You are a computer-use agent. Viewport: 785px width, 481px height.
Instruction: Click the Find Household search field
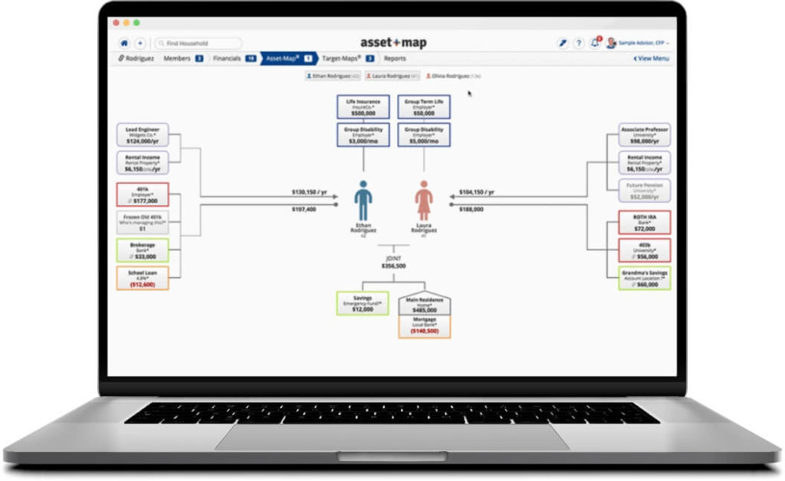198,44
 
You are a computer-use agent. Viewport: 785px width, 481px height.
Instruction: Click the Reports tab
395,58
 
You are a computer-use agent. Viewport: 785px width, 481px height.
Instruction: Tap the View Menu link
651,58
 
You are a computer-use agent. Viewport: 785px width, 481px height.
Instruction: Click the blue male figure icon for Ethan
363,201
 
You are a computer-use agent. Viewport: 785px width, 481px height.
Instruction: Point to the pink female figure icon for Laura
424,201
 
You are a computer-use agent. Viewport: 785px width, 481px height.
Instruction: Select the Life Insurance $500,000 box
363,107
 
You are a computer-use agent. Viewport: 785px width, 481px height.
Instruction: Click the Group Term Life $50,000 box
424,107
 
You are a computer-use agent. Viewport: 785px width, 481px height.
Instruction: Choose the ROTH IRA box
644,223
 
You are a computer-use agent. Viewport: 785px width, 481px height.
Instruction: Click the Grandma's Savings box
644,278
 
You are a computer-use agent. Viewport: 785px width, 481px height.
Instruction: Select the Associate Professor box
644,136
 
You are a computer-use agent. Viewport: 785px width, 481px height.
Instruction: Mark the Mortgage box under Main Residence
424,326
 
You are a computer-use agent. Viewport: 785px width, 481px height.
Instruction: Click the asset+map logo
392,43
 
